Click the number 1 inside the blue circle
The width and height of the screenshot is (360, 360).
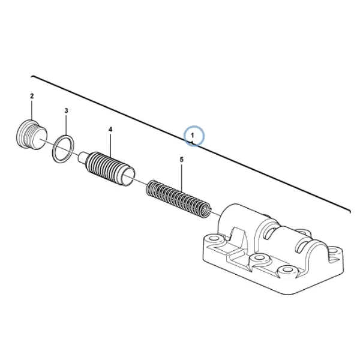tap(193, 136)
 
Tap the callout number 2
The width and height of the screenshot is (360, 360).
tap(32, 96)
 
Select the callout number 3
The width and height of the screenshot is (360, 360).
tap(66, 110)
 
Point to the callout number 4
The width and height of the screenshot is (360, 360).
tap(110, 129)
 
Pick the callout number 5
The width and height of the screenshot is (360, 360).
tap(182, 160)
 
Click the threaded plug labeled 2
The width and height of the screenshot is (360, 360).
tap(32, 135)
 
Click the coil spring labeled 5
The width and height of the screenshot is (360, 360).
tap(178, 199)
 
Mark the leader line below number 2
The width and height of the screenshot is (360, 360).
tap(32, 110)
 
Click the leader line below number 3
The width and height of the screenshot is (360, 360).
tap(66, 125)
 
